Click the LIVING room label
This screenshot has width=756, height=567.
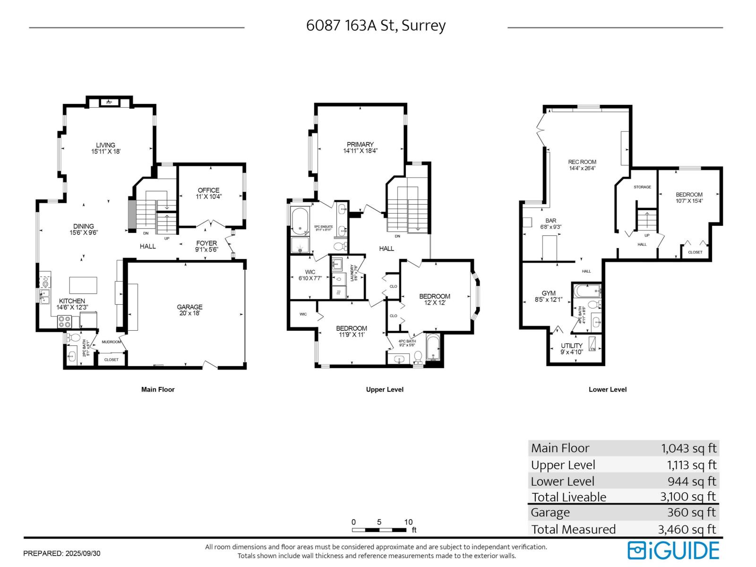[x=106, y=148]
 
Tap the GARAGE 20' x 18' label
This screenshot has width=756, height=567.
[x=190, y=310]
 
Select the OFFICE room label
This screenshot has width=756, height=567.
[x=208, y=193]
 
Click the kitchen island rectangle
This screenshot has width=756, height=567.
[x=83, y=286]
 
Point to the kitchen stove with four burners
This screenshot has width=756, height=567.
[x=64, y=322]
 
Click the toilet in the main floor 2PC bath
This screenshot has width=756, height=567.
[x=74, y=337]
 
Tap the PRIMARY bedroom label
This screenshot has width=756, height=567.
[x=360, y=147]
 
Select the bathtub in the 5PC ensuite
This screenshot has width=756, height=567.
[x=299, y=221]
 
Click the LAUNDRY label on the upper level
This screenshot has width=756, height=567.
[x=352, y=273]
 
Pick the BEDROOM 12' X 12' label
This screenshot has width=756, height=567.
[x=434, y=300]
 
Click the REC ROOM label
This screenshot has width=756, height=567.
[x=582, y=164]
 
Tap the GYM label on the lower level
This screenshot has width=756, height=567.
[x=549, y=296]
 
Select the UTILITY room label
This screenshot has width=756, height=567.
[x=572, y=349]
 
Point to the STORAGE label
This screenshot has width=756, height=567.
[x=642, y=187]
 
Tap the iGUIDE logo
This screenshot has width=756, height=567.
[x=673, y=550]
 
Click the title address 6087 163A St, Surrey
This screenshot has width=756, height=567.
[x=376, y=26]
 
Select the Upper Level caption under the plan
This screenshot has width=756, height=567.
[x=385, y=389]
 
